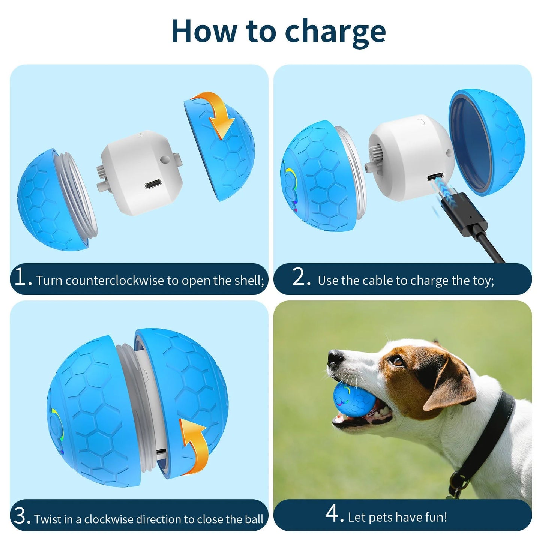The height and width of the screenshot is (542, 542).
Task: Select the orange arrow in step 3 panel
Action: coord(194,443)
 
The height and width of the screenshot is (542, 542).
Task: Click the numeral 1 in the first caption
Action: coord(20,278)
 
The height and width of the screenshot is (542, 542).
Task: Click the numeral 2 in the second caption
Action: coord(300,278)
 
